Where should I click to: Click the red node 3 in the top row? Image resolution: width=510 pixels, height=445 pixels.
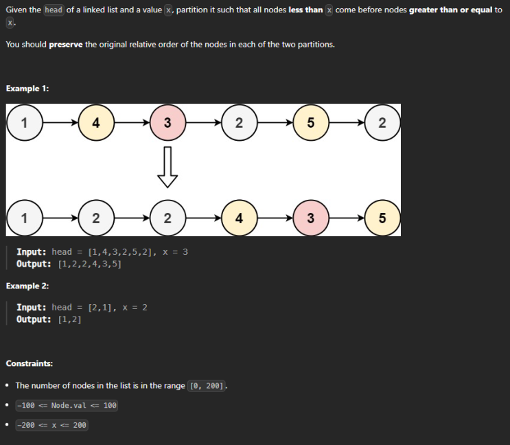pos(167,123)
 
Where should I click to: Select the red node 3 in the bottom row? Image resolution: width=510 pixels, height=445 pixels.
pos(311,218)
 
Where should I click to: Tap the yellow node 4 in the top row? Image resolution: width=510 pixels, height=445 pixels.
pos(96,123)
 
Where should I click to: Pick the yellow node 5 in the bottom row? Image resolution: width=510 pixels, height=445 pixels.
pos(382,218)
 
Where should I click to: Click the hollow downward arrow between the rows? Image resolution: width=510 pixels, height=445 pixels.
pos(167,167)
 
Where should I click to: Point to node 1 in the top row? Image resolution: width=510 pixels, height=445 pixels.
pos(25,123)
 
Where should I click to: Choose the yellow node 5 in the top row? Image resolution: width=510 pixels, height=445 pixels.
pos(311,123)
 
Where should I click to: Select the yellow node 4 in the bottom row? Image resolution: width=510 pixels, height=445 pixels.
pos(240,218)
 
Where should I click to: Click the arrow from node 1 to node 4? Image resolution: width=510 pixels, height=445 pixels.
pos(60,123)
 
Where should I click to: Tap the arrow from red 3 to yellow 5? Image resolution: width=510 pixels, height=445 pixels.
pos(347,218)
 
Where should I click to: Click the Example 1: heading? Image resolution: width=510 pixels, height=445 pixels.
pos(27,89)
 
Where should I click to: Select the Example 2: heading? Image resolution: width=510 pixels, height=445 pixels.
pos(27,286)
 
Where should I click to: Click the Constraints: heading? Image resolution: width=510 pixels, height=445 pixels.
pos(30,363)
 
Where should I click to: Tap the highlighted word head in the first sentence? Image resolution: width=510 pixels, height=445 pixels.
pos(54,10)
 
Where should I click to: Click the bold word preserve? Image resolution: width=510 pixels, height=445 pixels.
pos(66,45)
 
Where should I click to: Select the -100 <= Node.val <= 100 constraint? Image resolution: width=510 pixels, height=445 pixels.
pos(67,405)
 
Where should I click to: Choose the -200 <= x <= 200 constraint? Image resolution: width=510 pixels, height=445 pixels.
pos(51,425)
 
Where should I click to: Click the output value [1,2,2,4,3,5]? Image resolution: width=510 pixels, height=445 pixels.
pos(90,264)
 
